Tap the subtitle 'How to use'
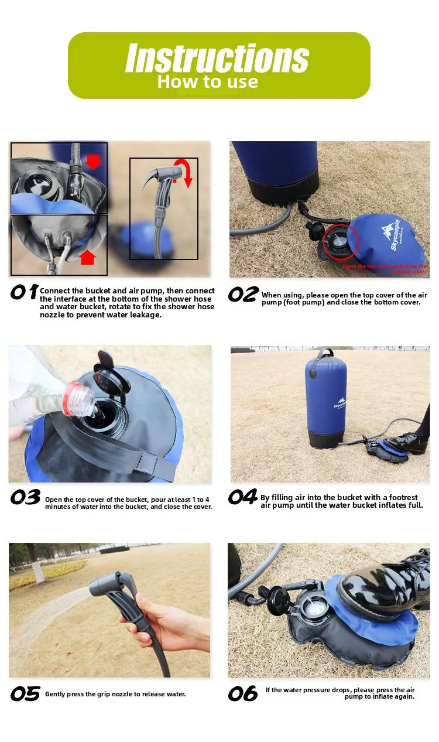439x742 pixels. tap(207, 82)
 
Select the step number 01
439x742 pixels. tap(23, 292)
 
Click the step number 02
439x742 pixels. tap(242, 295)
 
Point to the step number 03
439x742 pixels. tap(25, 497)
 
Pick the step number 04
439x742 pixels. tap(242, 497)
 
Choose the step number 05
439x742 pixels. tap(25, 694)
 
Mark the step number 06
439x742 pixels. tap(242, 694)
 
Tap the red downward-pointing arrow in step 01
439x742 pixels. tap(93, 161)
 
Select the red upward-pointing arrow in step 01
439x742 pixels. tap(87, 257)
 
